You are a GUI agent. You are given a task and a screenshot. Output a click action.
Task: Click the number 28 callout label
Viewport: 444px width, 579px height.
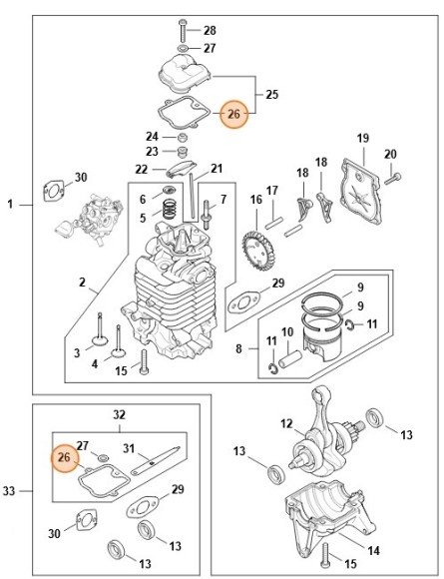pyautogui.click(x=210, y=30)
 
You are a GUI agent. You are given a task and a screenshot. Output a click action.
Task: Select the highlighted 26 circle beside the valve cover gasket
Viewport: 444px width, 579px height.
pyautogui.click(x=233, y=115)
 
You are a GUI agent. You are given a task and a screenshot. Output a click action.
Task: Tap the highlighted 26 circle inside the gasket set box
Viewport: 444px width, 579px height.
pyautogui.click(x=65, y=458)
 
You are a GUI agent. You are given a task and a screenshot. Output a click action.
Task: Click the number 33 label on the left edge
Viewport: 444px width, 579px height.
pyautogui.click(x=11, y=490)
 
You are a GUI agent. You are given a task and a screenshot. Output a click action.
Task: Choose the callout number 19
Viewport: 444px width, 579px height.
pyautogui.click(x=363, y=138)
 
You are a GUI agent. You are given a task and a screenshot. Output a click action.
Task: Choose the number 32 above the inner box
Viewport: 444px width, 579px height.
pyautogui.click(x=119, y=413)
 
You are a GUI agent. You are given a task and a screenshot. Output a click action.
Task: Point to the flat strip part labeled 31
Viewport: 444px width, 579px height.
pyautogui.click(x=153, y=460)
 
